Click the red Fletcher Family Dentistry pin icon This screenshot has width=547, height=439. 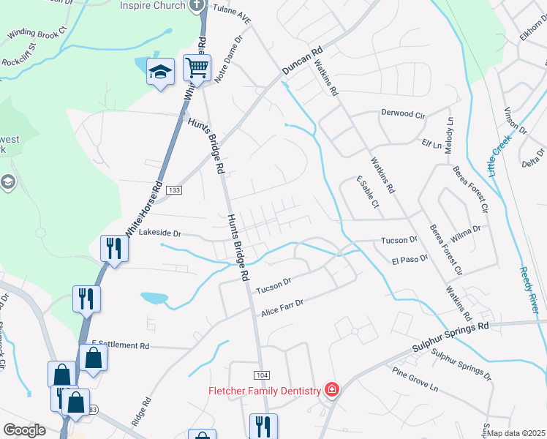coord(332,389)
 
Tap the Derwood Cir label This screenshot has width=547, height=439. coord(403,114)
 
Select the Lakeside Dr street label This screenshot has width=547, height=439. coord(159,233)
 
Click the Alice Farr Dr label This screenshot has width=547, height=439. coord(282,308)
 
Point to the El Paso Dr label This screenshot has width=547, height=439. coord(410,259)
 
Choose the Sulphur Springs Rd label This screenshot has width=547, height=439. coord(453,332)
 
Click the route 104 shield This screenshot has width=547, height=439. coord(262,375)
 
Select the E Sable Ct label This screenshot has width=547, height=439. coord(367,192)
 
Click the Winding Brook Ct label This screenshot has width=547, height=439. coord(37,33)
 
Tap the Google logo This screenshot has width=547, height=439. coord(25,430)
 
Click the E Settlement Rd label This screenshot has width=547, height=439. coord(121,345)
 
